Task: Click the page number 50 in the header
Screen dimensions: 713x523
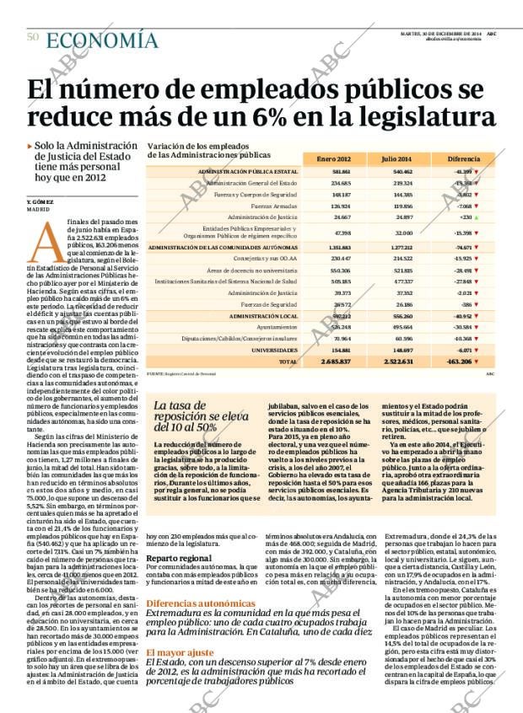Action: point(33,37)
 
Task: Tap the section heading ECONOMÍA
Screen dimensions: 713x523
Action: point(101,40)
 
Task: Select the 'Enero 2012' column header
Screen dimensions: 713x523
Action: point(333,158)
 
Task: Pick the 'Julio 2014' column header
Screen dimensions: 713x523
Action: point(396,158)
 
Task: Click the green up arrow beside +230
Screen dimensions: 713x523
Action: point(477,217)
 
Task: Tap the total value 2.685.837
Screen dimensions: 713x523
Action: point(337,361)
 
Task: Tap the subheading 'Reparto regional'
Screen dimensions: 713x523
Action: point(179,558)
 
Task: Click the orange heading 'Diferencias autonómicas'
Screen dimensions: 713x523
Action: point(201,603)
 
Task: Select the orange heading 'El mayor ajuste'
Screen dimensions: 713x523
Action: point(177,652)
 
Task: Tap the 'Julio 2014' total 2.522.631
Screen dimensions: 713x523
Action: point(396,361)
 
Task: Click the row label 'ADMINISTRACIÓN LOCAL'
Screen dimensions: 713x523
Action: point(269,314)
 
